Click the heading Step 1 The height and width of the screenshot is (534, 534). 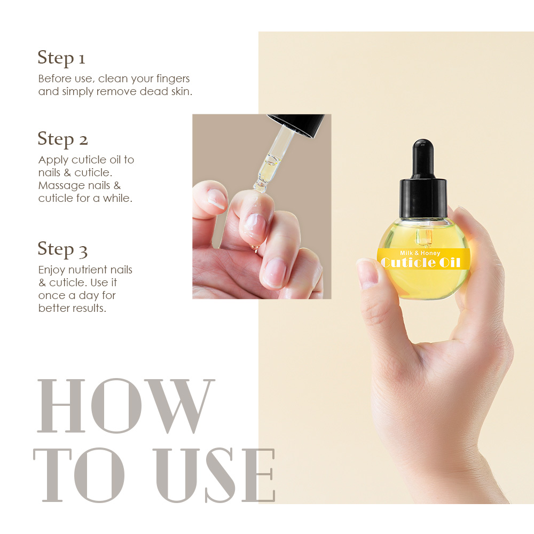61,58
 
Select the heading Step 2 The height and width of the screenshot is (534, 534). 62,139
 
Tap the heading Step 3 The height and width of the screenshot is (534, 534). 62,249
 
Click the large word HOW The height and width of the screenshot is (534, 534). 126,406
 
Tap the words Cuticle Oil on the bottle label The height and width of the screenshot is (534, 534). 424,263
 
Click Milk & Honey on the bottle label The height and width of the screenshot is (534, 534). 420,253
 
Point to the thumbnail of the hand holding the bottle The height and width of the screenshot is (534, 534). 368,272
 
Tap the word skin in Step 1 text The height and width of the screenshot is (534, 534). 180,92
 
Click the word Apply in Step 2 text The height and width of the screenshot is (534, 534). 53,160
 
